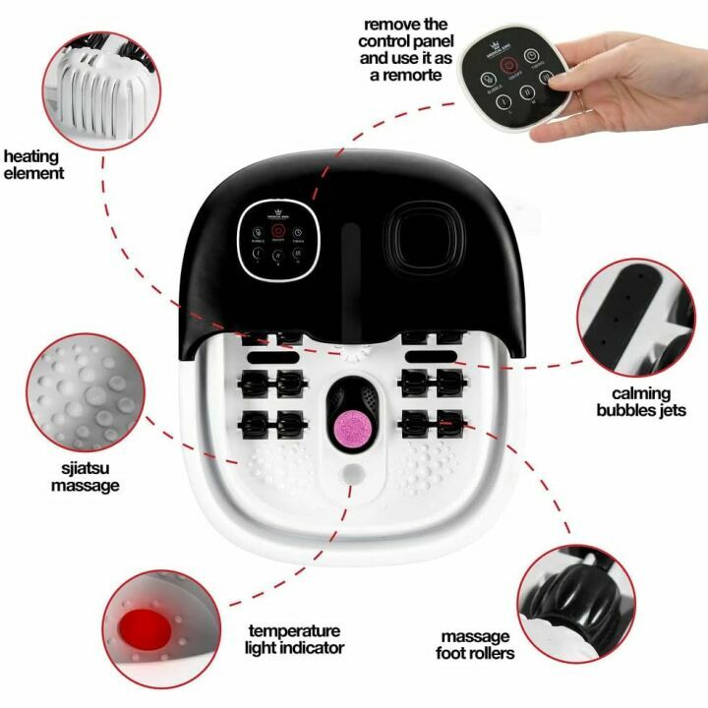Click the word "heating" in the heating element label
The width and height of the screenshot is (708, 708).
31,156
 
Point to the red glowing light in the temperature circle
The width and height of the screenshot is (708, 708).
146,625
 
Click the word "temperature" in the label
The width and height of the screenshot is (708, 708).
295,630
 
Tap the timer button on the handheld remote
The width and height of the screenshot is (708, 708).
531,57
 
